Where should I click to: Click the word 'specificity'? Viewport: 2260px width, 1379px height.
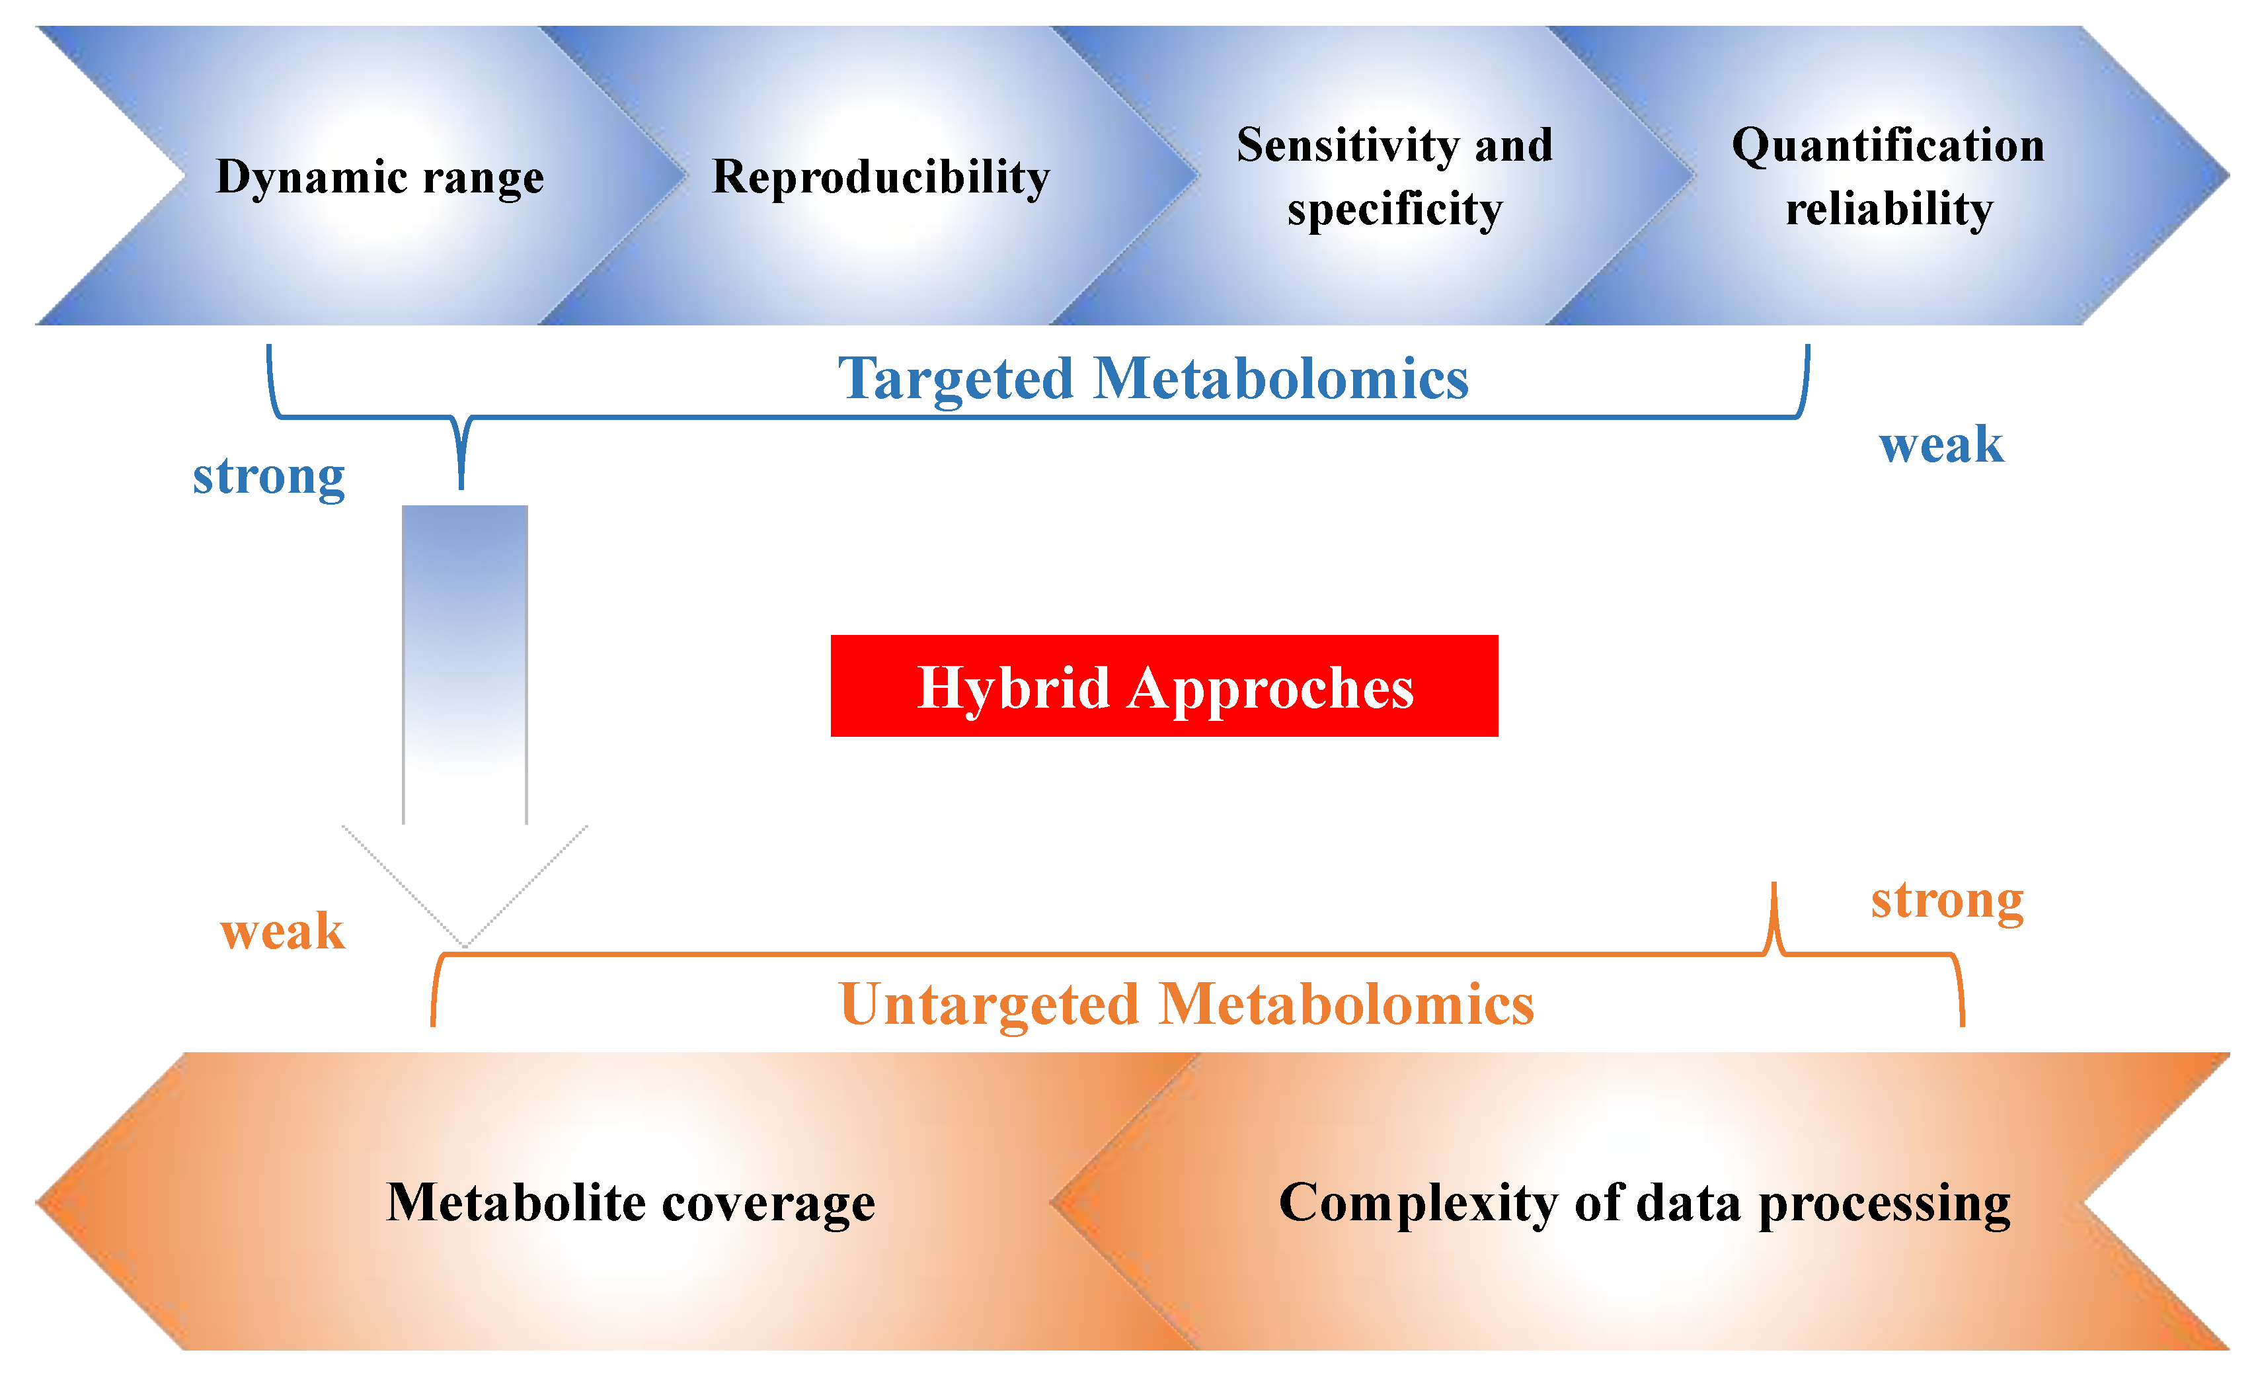1394,209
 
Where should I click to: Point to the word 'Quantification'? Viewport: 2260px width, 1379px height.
1888,145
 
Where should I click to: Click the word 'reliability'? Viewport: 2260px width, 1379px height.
1889,208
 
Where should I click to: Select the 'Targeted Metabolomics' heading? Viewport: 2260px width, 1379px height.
1153,378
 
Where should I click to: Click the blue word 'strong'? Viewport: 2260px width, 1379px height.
269,476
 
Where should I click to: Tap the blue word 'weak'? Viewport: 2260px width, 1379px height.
1941,445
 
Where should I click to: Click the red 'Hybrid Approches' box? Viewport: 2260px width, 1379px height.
1164,687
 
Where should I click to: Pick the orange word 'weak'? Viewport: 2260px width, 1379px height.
282,931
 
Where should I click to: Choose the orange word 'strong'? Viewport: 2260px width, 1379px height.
1946,900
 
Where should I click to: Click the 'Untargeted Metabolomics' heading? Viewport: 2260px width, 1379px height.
1186,1004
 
